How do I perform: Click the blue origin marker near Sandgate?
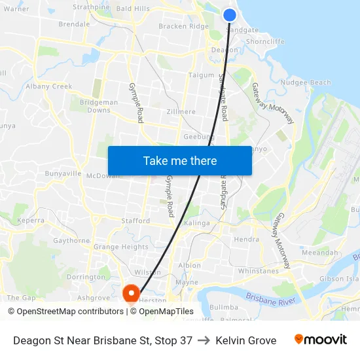230,14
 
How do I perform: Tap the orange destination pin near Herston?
131,292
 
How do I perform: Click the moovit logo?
320,340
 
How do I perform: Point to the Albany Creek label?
48,86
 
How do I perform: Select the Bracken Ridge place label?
184,26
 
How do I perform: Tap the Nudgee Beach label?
306,82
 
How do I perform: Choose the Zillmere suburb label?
180,112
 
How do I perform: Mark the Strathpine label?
91,7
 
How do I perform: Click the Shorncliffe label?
266,41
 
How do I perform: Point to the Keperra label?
31,221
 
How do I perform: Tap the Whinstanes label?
259,270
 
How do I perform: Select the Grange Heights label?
121,247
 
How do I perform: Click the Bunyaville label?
63,174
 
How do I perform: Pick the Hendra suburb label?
247,240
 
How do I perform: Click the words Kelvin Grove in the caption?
245,340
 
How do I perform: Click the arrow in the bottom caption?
204,340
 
